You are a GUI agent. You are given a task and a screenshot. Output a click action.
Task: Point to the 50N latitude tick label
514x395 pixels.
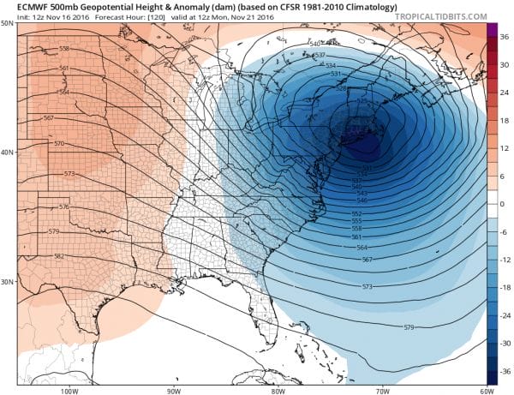(8, 23)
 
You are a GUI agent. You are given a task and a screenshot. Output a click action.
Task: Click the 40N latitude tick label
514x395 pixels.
(8, 153)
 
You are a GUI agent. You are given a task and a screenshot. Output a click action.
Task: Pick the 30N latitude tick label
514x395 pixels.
(8, 282)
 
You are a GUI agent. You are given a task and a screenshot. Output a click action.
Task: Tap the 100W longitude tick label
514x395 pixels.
(70, 391)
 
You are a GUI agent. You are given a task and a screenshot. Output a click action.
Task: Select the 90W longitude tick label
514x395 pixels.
(174, 391)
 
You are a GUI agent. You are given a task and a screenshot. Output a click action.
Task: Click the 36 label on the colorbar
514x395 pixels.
(504, 37)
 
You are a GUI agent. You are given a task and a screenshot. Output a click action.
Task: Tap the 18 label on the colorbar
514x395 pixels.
(504, 120)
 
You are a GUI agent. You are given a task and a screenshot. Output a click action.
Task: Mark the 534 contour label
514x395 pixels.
(331, 65)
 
